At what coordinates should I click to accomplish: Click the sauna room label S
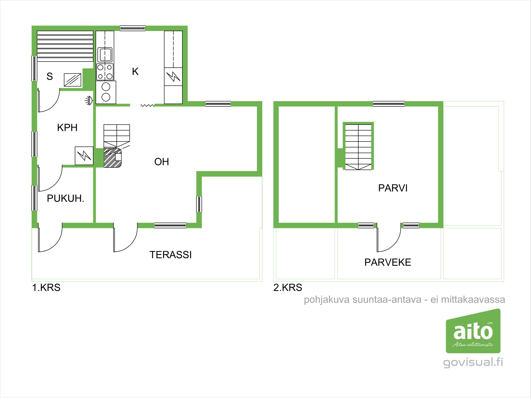click(50, 76)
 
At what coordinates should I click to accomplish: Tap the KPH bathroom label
click(67, 128)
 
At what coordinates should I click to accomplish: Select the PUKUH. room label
click(65, 198)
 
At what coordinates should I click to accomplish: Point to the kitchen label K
click(135, 71)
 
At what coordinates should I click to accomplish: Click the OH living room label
click(161, 162)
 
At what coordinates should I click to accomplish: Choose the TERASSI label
click(171, 255)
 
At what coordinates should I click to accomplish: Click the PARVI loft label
click(393, 188)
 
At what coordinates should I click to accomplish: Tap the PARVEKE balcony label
click(388, 262)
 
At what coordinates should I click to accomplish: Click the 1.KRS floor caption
click(46, 288)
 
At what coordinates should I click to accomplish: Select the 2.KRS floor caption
click(288, 288)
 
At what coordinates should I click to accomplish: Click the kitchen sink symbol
click(105, 55)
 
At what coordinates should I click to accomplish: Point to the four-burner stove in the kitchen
click(105, 72)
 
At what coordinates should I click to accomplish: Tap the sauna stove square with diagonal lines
click(73, 80)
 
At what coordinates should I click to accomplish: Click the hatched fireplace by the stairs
click(113, 158)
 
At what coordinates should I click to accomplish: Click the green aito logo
click(473, 331)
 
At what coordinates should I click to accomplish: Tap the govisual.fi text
click(473, 362)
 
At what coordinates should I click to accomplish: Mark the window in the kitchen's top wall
click(132, 28)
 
